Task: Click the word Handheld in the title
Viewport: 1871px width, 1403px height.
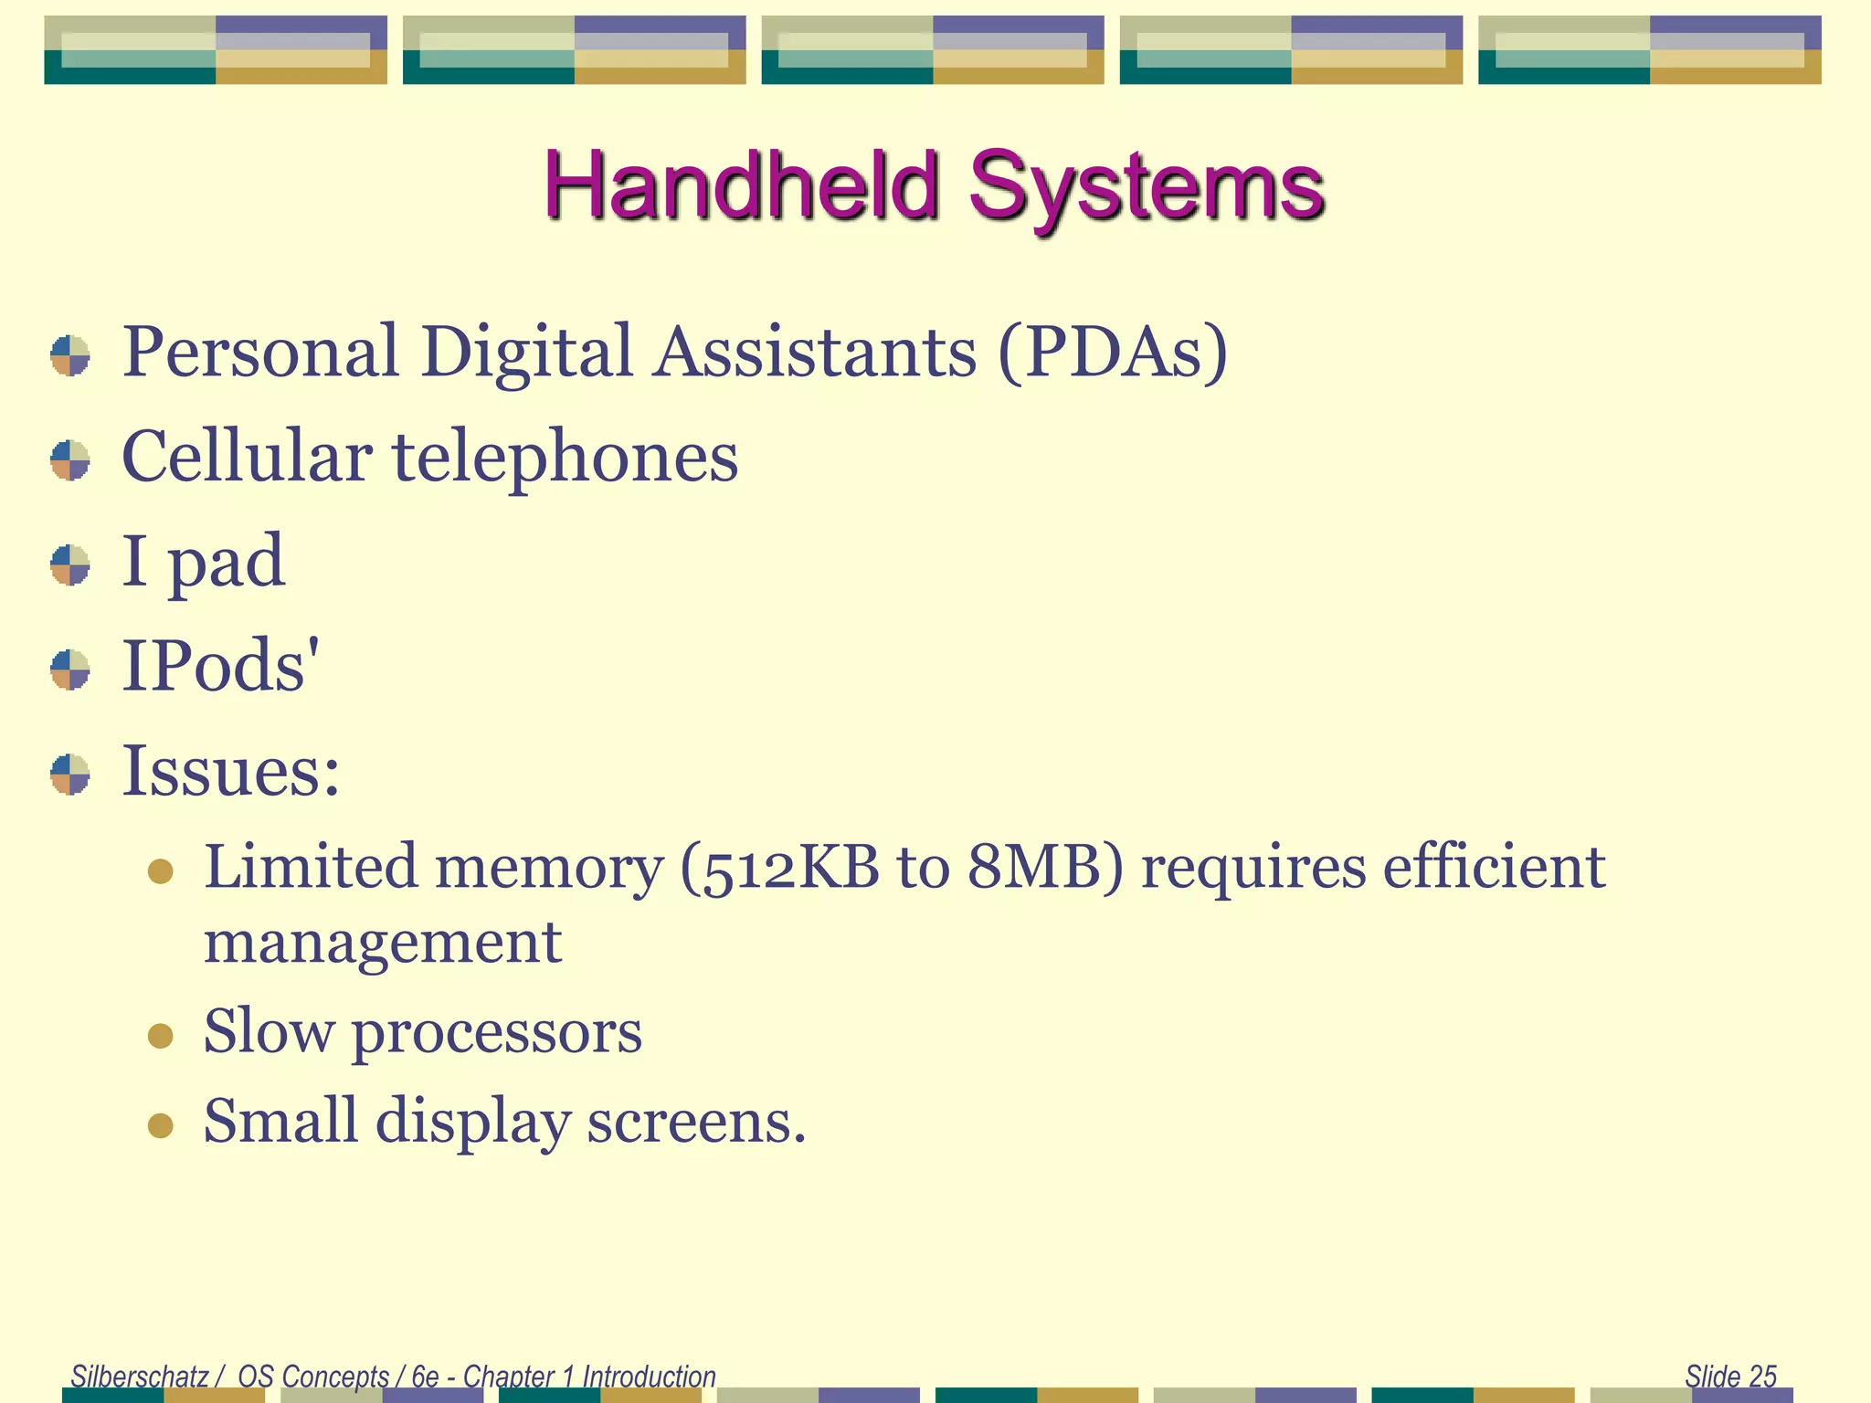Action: point(742,185)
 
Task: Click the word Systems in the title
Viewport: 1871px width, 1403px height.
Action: point(1146,185)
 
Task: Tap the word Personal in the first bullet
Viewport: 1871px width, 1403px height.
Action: point(260,353)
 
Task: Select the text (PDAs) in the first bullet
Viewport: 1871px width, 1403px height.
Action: point(1112,353)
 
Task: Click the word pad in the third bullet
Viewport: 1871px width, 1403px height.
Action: point(227,563)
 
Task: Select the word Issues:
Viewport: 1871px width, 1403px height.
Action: point(231,772)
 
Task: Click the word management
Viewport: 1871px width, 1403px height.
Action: point(382,944)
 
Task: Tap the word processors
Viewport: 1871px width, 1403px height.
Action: point(497,1033)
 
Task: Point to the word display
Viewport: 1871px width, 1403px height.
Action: point(472,1123)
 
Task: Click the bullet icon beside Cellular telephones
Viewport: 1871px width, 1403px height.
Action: point(70,460)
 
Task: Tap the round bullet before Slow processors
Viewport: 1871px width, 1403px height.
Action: point(161,1036)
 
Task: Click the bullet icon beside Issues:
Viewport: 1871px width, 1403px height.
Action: point(70,775)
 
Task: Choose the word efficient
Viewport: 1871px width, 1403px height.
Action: point(1494,868)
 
